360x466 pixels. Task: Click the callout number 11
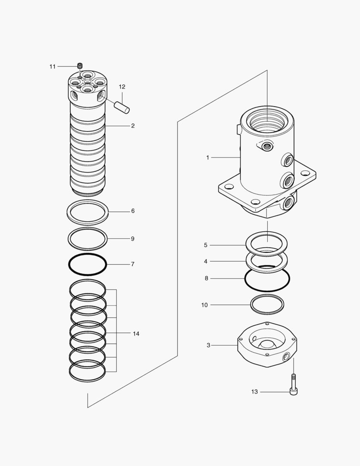(53, 66)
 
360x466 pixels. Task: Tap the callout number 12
(122, 87)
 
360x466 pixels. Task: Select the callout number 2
(133, 126)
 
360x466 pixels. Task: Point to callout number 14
(136, 334)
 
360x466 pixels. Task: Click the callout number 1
(207, 158)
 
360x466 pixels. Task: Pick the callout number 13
(254, 392)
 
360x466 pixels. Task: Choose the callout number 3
(208, 345)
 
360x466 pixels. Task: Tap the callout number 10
(204, 305)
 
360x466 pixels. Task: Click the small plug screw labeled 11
(80, 66)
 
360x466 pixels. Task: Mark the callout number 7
(133, 264)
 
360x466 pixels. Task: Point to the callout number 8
(207, 278)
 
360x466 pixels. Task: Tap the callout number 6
(133, 211)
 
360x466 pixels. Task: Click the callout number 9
(133, 239)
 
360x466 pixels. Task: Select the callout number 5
(206, 245)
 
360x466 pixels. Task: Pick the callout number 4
(206, 261)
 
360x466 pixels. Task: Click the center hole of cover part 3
(267, 344)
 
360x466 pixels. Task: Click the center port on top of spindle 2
(88, 82)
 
